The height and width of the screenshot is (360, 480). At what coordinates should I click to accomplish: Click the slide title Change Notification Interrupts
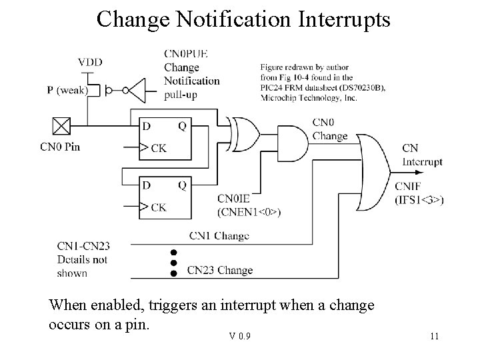(243, 19)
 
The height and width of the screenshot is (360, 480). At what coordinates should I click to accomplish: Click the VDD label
(90, 62)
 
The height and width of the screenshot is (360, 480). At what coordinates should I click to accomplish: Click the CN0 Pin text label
(60, 147)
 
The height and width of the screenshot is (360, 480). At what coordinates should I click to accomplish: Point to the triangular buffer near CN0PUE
(135, 90)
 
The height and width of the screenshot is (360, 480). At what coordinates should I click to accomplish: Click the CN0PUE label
(185, 54)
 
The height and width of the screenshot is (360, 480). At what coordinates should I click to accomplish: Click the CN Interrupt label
(421, 155)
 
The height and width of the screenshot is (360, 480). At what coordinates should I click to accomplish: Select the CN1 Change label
(219, 235)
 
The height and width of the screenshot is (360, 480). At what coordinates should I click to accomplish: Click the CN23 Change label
(219, 270)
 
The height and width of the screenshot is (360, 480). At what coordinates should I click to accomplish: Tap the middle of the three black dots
(174, 263)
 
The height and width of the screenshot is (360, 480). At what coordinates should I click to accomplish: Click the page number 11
(434, 336)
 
